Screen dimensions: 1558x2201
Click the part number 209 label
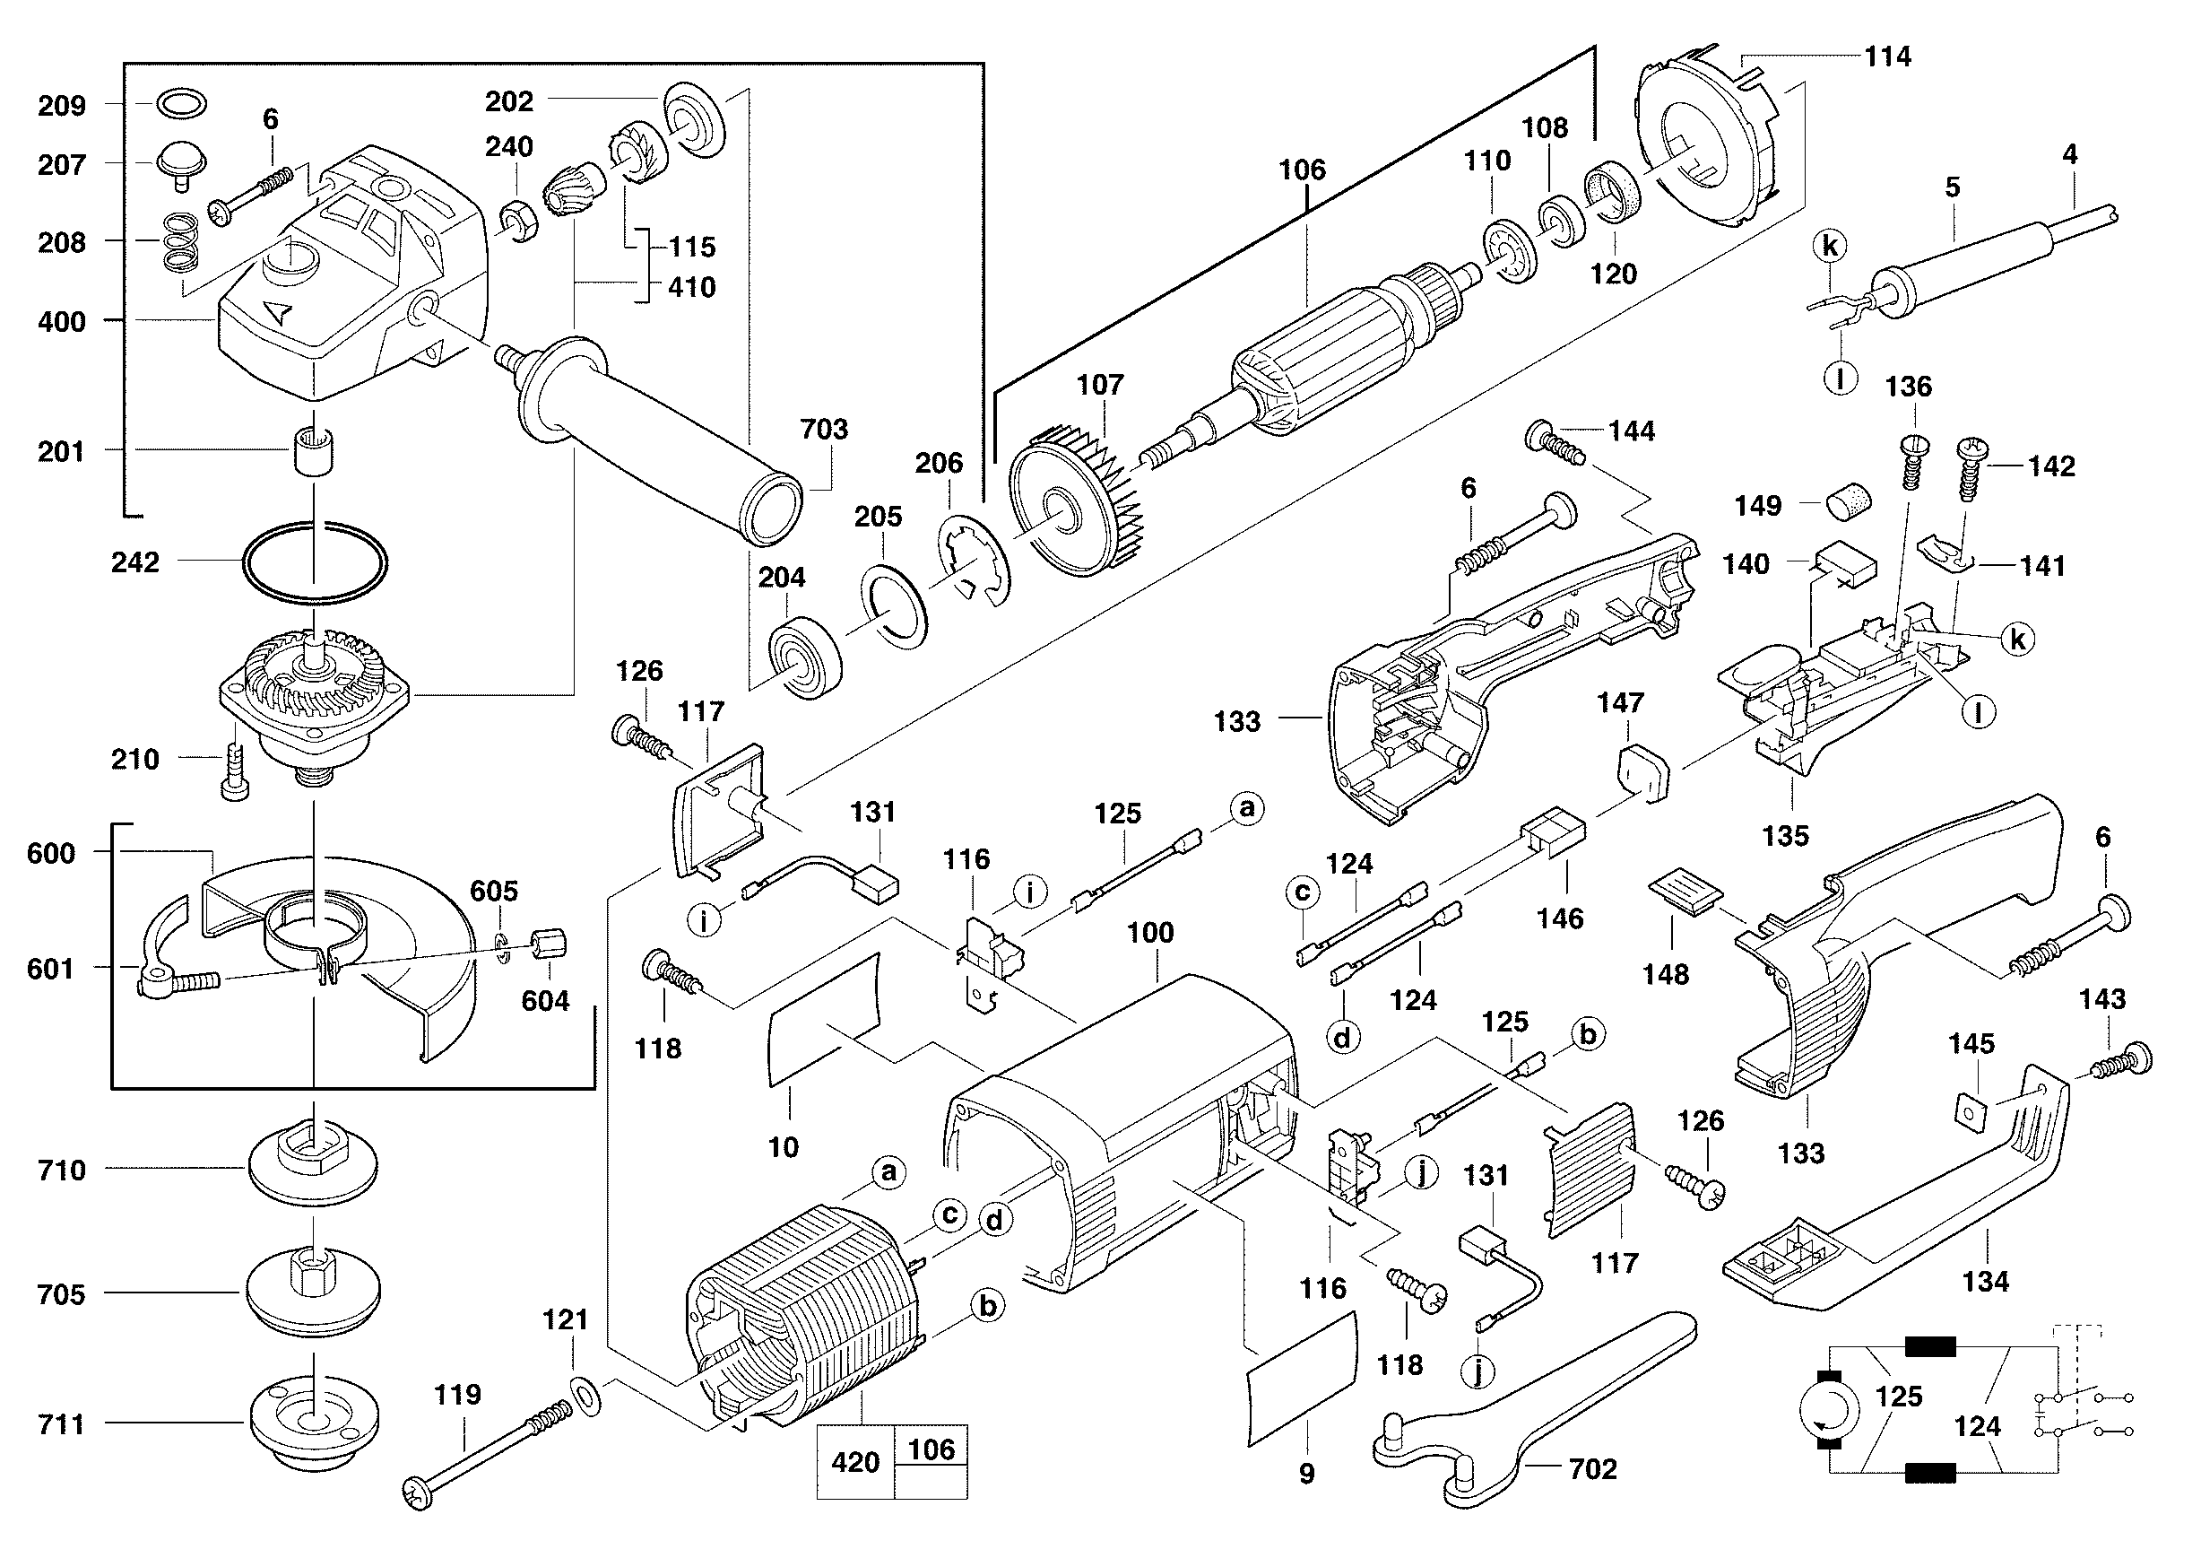coord(61,106)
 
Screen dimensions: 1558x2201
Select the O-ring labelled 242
coord(315,563)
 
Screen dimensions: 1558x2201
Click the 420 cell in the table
coord(855,1462)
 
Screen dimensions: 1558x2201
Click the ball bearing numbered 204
coord(806,659)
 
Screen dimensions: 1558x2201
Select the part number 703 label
coord(824,429)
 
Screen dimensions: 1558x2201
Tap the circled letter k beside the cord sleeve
coord(1829,247)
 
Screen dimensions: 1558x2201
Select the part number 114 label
coord(1887,57)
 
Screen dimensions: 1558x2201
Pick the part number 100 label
coord(1150,933)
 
